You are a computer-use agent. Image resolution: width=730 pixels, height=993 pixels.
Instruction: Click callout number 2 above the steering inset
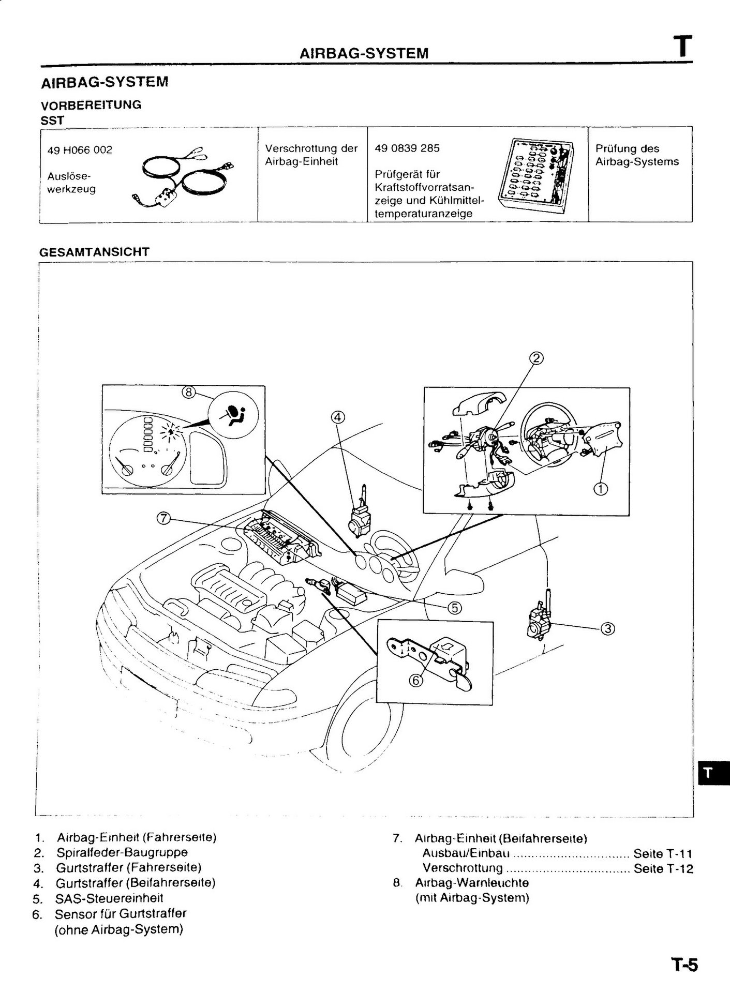pyautogui.click(x=537, y=358)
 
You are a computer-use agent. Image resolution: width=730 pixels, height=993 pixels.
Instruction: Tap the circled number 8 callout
pyautogui.click(x=188, y=393)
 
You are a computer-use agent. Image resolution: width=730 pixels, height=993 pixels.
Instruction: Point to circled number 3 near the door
pyautogui.click(x=607, y=629)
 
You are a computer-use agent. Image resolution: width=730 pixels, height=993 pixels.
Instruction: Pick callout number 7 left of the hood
pyautogui.click(x=163, y=518)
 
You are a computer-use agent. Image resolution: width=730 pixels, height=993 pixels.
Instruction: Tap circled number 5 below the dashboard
pyautogui.click(x=454, y=608)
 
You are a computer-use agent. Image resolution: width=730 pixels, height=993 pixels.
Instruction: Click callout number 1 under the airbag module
pyautogui.click(x=601, y=488)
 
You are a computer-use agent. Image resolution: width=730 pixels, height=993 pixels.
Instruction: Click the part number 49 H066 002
pyautogui.click(x=80, y=150)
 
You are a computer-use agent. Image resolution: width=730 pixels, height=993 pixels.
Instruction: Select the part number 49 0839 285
pyautogui.click(x=407, y=148)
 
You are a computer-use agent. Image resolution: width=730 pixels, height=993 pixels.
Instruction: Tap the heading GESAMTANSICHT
pyautogui.click(x=95, y=252)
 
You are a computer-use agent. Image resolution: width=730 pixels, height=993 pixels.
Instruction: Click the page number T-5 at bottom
pyautogui.click(x=684, y=965)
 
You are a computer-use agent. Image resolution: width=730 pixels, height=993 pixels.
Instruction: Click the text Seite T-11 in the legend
pyautogui.click(x=663, y=853)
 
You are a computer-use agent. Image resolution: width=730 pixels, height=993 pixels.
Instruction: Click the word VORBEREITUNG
pyautogui.click(x=91, y=105)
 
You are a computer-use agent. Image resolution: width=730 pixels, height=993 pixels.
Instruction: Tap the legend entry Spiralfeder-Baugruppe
pyautogui.click(x=122, y=852)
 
